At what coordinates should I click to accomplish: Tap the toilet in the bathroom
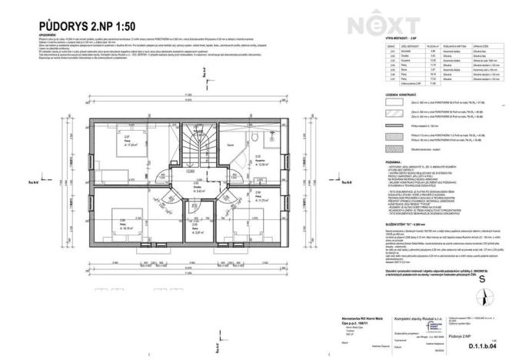pos(253,135)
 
